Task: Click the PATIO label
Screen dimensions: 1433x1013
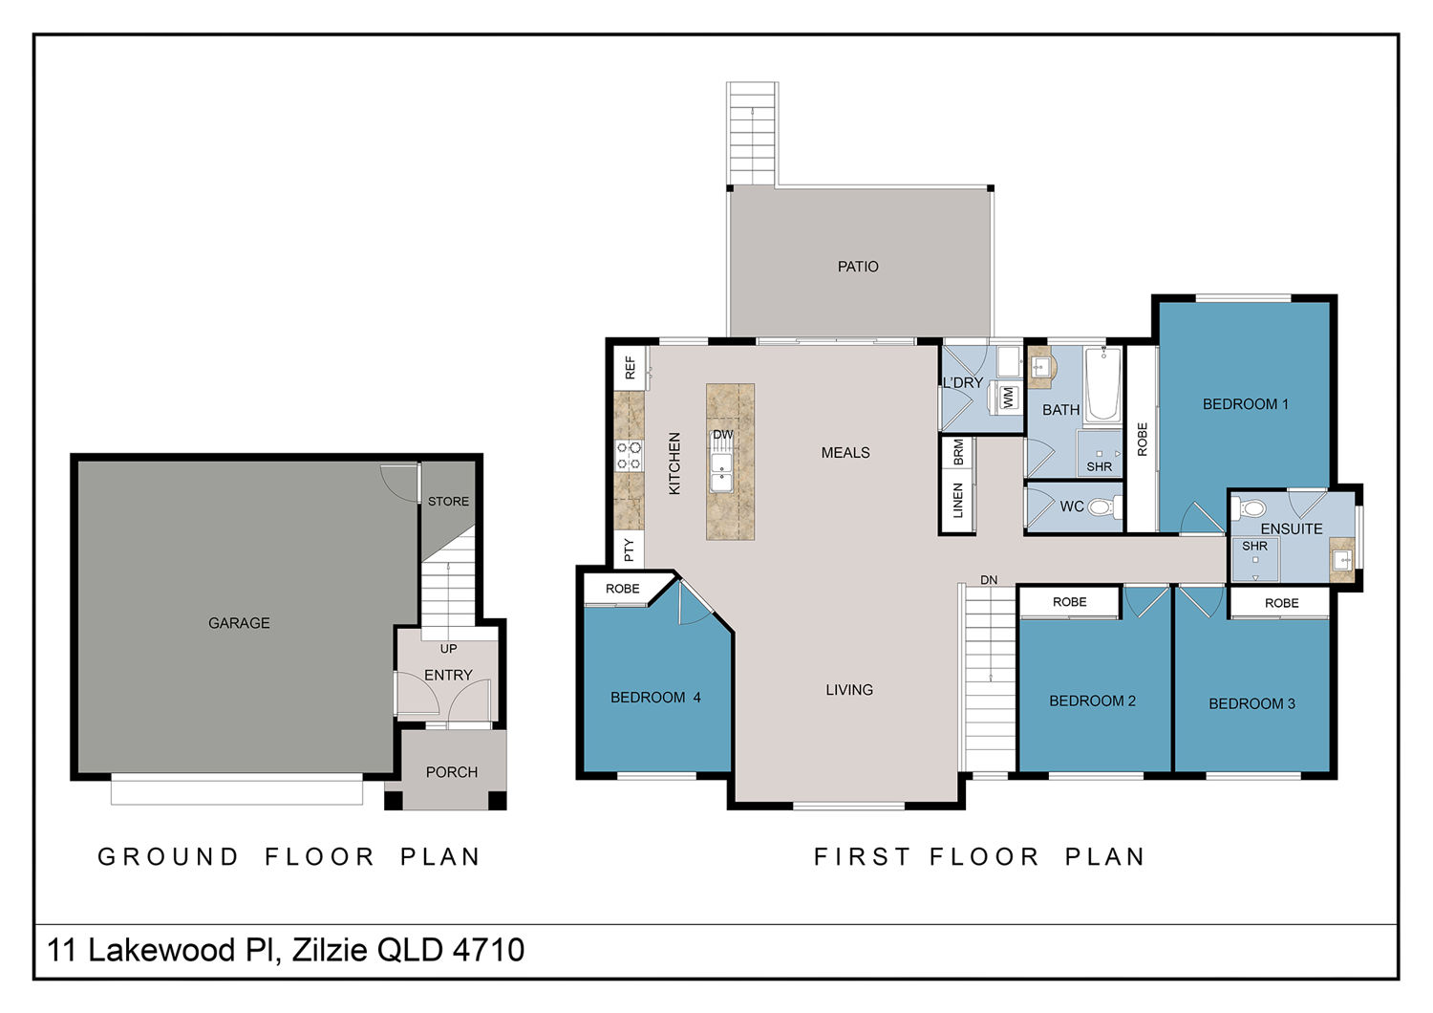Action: click(858, 267)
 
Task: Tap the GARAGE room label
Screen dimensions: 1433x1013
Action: click(239, 623)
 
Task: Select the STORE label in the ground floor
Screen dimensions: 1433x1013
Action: click(448, 501)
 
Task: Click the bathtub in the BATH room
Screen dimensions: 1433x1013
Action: click(1103, 384)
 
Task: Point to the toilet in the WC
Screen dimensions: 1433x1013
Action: click(1103, 507)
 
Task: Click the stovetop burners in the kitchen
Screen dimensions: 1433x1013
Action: click(629, 455)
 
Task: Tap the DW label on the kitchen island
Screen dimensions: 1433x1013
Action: click(723, 435)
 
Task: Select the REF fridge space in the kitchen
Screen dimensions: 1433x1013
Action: click(630, 367)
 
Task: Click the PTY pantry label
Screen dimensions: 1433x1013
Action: click(629, 550)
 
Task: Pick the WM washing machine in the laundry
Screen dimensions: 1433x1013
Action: click(1008, 397)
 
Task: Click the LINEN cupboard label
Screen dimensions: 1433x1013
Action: click(957, 501)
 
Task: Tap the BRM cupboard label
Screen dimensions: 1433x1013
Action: click(957, 452)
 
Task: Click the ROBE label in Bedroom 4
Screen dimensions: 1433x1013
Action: click(623, 588)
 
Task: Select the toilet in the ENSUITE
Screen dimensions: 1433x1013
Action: click(1250, 508)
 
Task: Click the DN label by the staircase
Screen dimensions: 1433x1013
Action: click(989, 580)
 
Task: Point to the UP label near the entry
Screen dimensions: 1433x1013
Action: click(448, 648)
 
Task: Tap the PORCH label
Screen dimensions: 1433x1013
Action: click(452, 772)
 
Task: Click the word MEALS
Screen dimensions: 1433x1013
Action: click(845, 452)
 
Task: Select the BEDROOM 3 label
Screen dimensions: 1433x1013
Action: click(1251, 703)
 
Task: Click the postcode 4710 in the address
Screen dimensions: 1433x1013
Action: click(489, 950)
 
